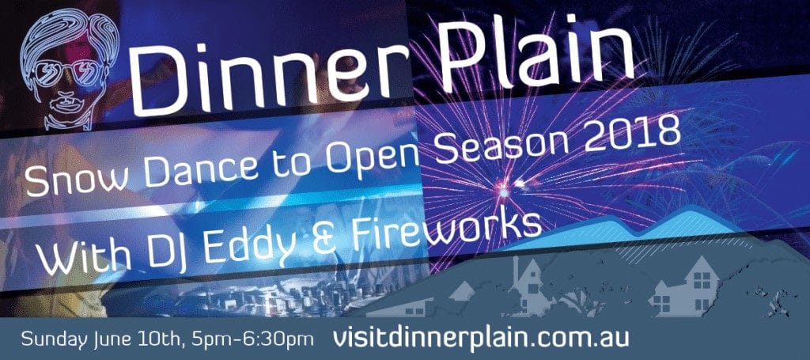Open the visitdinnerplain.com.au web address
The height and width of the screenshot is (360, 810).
coord(481,338)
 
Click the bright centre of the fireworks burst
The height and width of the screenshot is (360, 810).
coord(504,192)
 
